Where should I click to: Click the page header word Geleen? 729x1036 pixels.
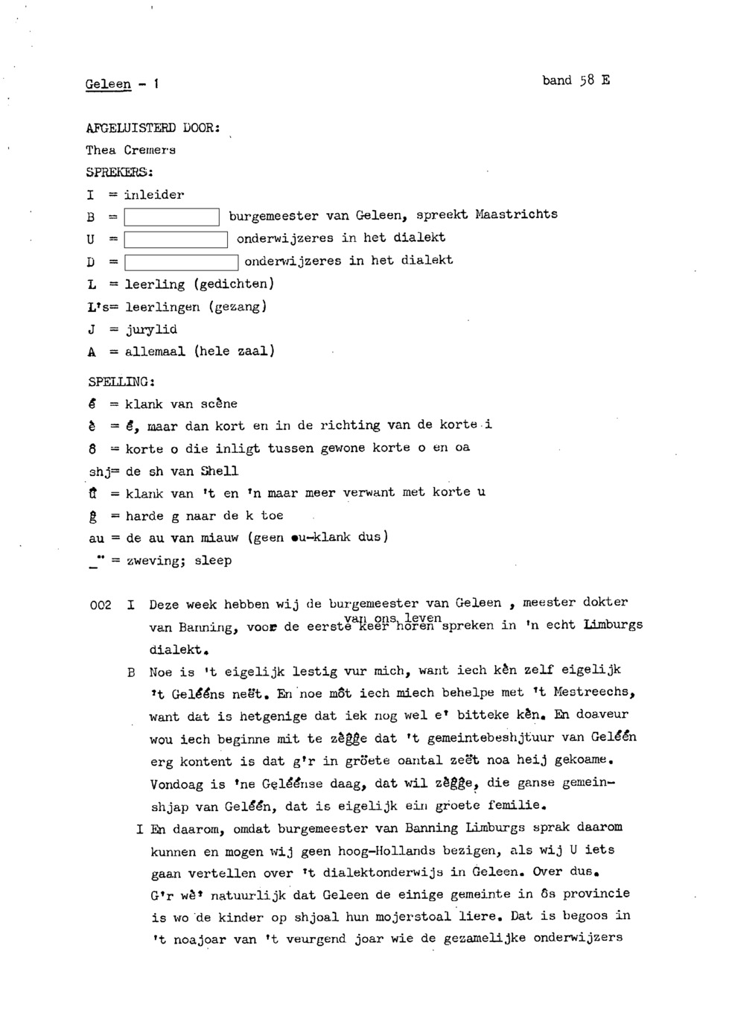click(x=108, y=84)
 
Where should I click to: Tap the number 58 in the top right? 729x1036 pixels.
click(x=586, y=80)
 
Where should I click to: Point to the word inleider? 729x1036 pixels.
click(x=153, y=194)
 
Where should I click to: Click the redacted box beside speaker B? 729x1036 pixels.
click(x=171, y=217)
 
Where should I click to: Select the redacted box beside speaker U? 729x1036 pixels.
click(x=176, y=240)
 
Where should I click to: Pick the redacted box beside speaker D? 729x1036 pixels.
click(x=181, y=262)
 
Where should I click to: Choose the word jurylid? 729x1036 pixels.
click(x=151, y=328)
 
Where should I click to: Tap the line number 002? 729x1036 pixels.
click(x=100, y=605)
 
